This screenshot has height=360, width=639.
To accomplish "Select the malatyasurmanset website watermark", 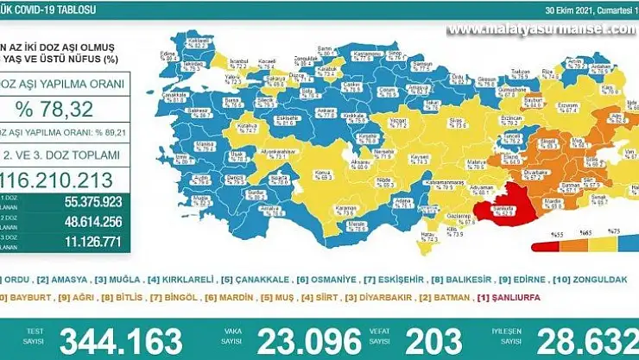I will pyautogui.click(x=542, y=28).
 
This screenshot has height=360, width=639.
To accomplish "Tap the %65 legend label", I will pyautogui.click(x=585, y=235).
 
